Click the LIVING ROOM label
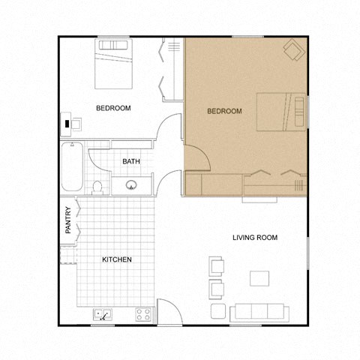(x=255, y=238)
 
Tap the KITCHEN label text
(x=117, y=259)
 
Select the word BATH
(x=132, y=161)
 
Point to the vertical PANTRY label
(x=68, y=220)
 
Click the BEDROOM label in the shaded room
(x=224, y=112)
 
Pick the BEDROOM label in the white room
(x=114, y=108)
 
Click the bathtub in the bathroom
(x=73, y=166)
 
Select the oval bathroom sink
(x=132, y=185)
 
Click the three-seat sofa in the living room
(x=257, y=311)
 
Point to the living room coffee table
(x=259, y=278)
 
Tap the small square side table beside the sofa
(x=217, y=310)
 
